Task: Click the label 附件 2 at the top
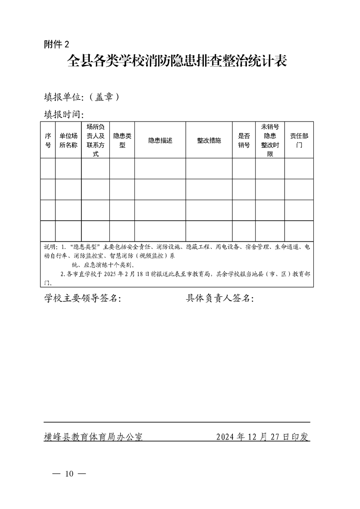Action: (x=57, y=44)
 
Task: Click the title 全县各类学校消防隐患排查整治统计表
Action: (x=178, y=61)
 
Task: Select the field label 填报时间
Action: (x=64, y=114)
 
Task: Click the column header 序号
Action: (x=48, y=140)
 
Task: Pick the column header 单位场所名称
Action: (x=69, y=140)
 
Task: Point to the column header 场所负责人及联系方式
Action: (x=95, y=140)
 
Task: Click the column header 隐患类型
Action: (x=122, y=140)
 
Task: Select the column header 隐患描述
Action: (x=160, y=140)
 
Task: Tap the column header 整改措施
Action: (x=209, y=140)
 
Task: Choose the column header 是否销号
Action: (x=244, y=140)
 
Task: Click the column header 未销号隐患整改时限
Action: (x=270, y=140)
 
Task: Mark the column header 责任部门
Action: (x=299, y=140)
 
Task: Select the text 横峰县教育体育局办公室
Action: (x=93, y=437)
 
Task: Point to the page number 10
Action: (x=69, y=474)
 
